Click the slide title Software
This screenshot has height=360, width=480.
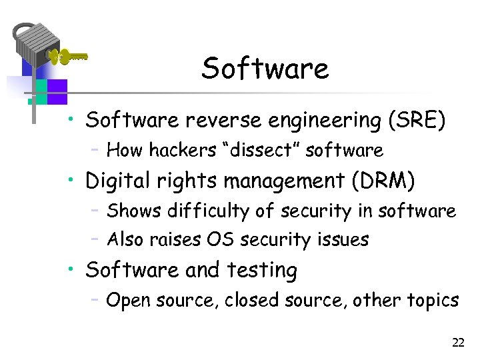[265, 69]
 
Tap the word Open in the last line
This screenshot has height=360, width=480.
[127, 301]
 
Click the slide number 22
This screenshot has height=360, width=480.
[457, 343]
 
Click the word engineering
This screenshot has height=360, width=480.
[323, 121]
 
